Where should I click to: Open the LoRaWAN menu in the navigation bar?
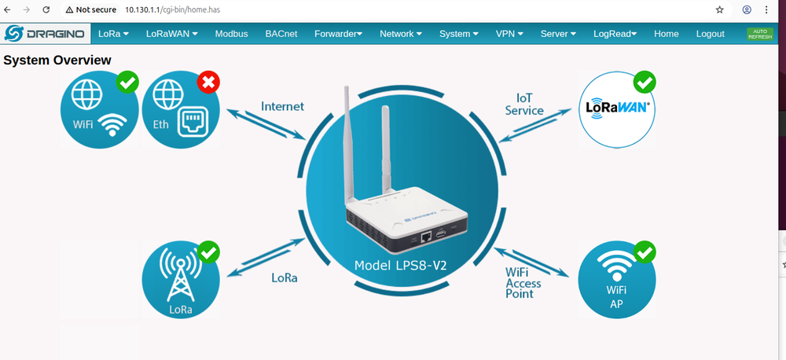click(171, 34)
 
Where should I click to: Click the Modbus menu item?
click(231, 34)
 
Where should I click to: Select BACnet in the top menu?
click(281, 34)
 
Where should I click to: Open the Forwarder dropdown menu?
click(338, 34)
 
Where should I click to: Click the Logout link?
click(710, 34)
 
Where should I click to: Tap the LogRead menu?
click(615, 34)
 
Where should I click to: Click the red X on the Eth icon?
click(208, 81)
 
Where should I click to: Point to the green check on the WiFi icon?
click(127, 81)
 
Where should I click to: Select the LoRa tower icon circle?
click(179, 280)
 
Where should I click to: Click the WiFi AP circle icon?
click(615, 280)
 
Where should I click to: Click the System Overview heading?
click(57, 61)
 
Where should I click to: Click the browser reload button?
click(46, 10)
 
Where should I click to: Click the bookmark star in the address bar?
click(719, 10)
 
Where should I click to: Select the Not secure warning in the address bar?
click(91, 10)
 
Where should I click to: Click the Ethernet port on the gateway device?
click(425, 235)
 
